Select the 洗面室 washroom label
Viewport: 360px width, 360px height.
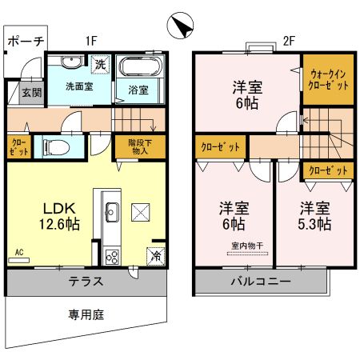79,86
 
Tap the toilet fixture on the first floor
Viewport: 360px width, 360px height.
54,147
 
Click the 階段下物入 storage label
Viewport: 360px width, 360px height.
138,146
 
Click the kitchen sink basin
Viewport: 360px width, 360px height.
110,211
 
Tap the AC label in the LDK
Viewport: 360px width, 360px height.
18,253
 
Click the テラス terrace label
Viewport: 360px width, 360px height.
85,282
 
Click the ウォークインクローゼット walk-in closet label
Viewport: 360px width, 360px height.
325,79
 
